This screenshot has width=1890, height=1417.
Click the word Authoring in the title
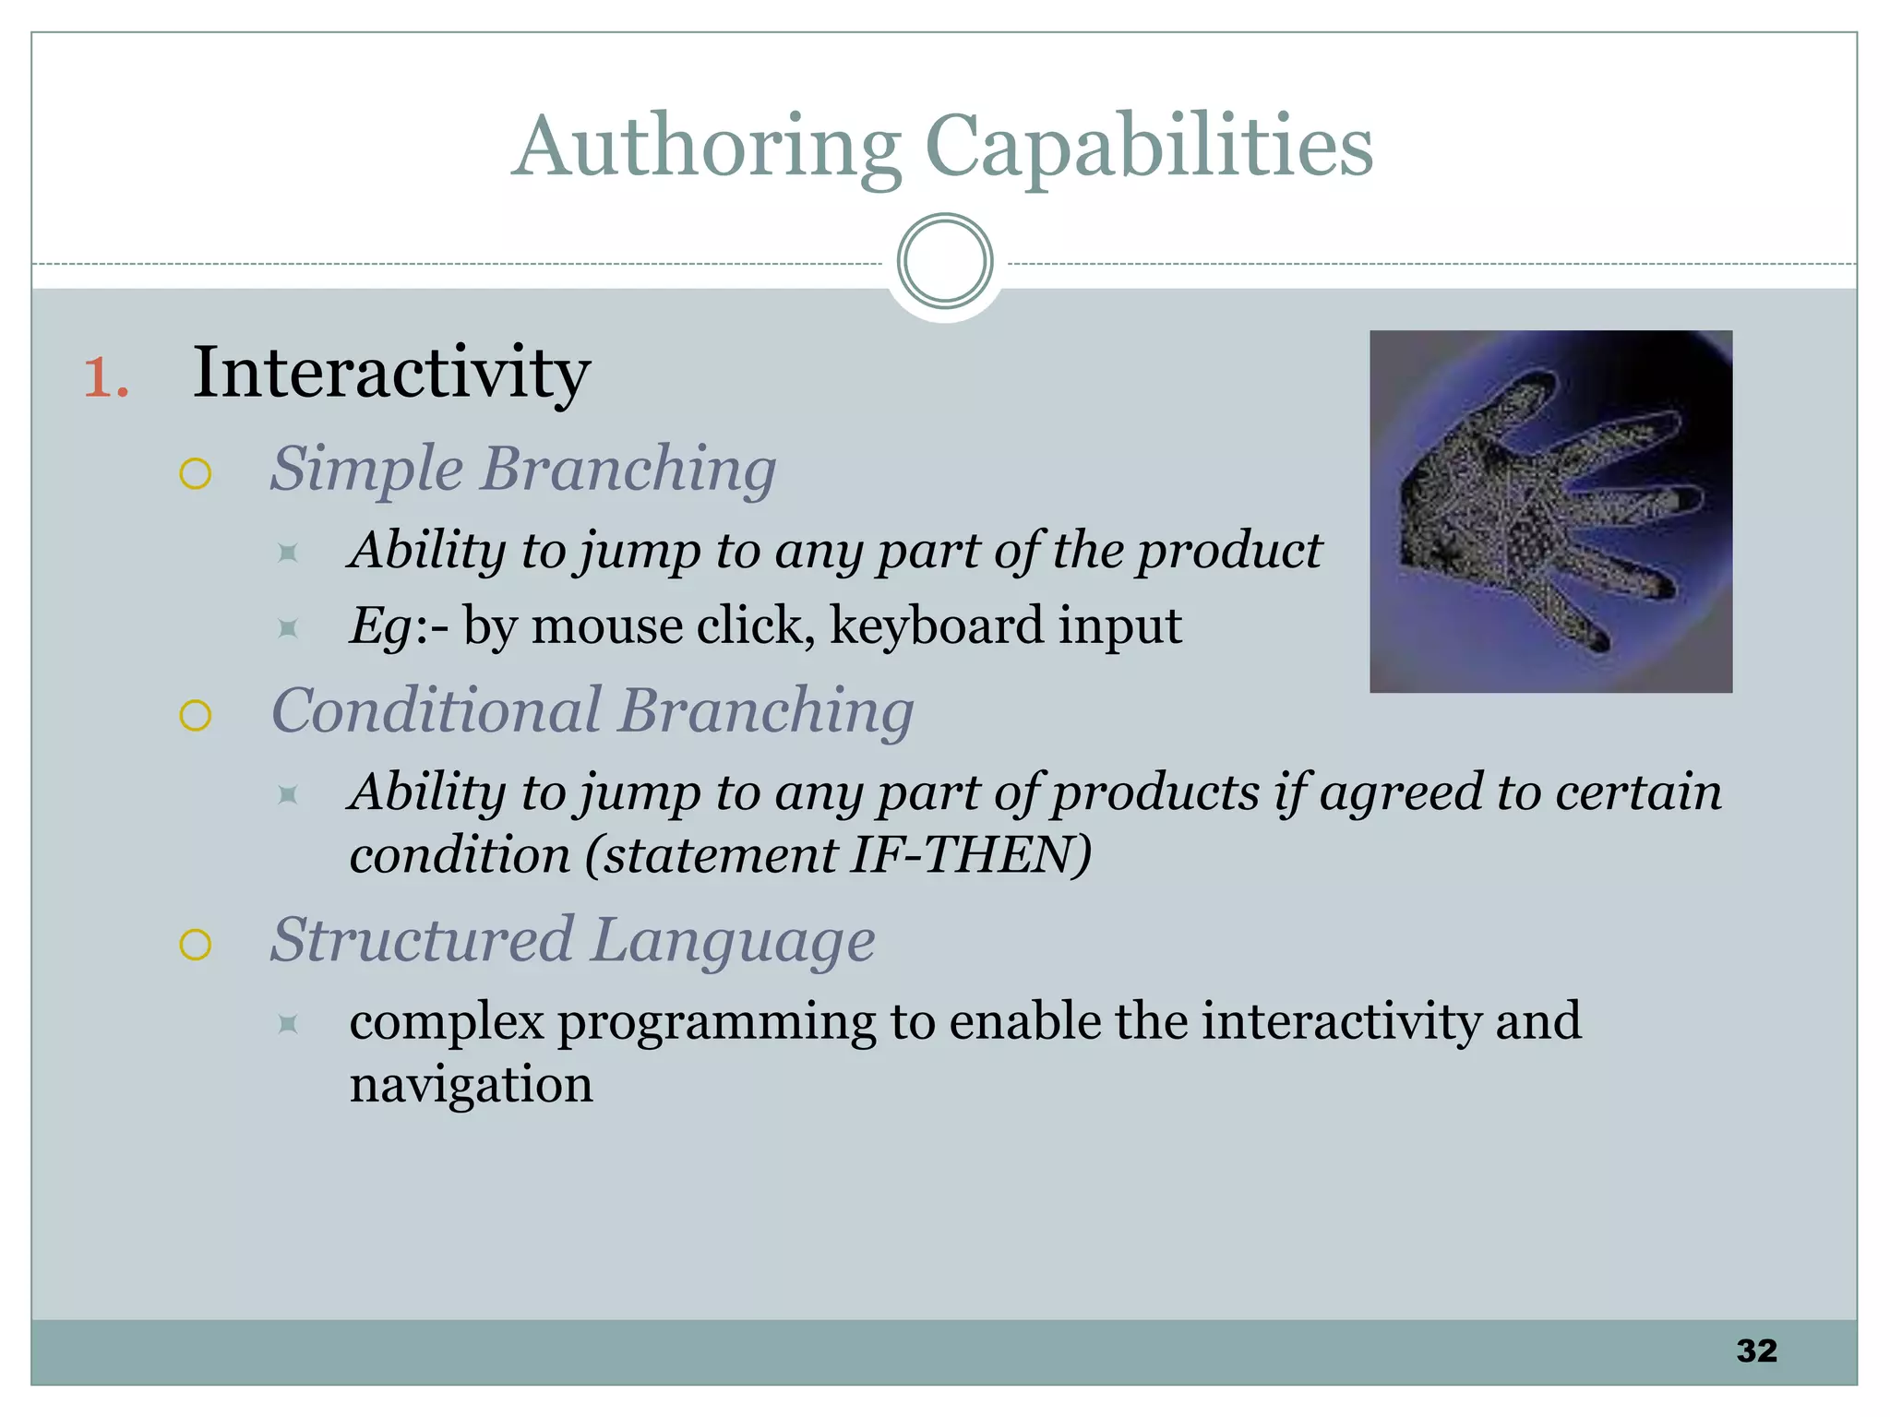click(x=706, y=148)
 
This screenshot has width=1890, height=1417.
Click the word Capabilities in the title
click(x=1148, y=148)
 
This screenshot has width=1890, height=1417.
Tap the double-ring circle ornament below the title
click(x=944, y=261)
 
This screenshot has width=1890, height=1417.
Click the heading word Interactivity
click(x=391, y=373)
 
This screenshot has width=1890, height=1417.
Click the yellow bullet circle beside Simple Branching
click(x=196, y=474)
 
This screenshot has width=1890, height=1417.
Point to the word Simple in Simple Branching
click(x=365, y=470)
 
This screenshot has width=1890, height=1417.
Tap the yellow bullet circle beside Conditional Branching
click(x=196, y=715)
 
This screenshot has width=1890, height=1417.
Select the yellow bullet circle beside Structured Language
click(x=196, y=945)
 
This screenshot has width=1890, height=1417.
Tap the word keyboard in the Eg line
click(x=936, y=626)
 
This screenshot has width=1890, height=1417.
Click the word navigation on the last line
click(x=471, y=1084)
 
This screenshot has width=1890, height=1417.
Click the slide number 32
click(x=1756, y=1351)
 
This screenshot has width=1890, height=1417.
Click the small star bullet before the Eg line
click(x=288, y=629)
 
